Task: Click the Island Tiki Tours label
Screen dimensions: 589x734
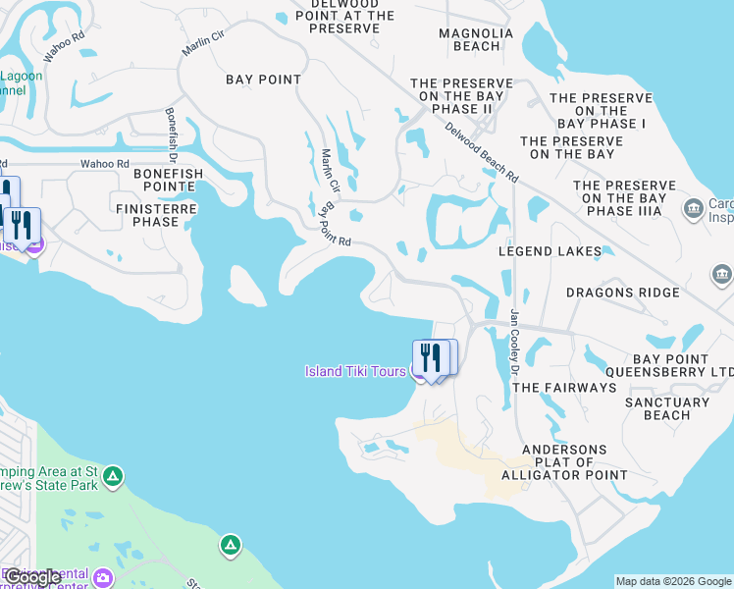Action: point(356,370)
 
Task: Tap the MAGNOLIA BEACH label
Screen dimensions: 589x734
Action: point(476,39)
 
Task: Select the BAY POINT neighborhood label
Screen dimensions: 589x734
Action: point(264,80)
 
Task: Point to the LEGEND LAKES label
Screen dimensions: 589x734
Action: point(550,251)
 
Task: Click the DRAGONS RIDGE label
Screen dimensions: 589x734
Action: point(622,293)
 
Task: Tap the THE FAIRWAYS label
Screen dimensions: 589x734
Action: point(564,388)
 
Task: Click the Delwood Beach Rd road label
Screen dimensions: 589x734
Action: point(481,150)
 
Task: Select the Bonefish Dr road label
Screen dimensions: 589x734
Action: point(171,133)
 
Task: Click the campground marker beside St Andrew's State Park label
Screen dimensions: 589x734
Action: point(114,477)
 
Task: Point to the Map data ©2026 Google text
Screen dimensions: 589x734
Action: point(673,581)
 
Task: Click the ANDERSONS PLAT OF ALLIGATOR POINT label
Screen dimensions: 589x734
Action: point(564,462)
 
